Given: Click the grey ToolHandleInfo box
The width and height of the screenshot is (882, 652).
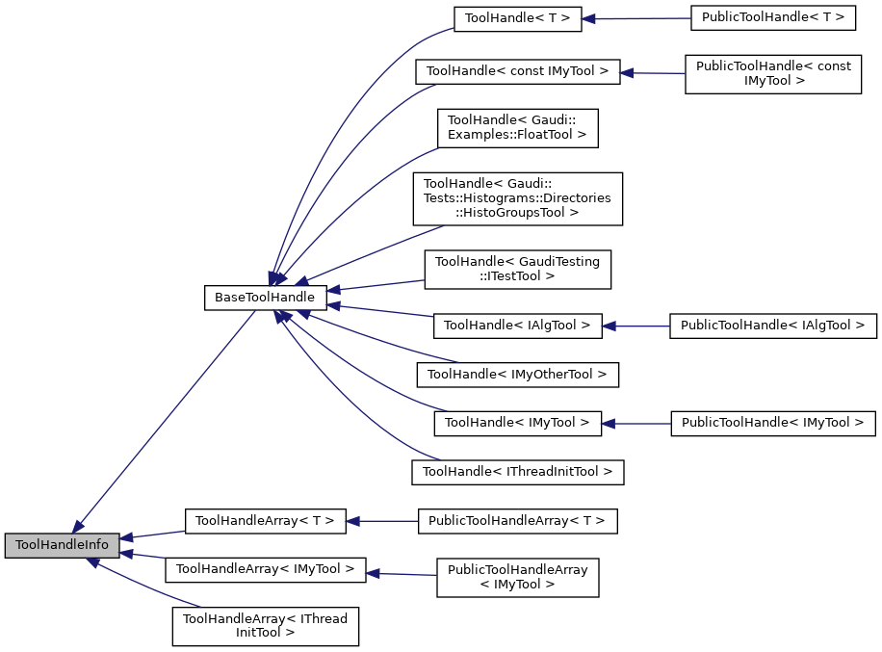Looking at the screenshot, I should point(63,545).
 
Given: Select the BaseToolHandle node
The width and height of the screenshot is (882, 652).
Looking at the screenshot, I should point(264,298).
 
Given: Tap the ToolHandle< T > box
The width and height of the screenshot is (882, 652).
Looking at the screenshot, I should point(517,18).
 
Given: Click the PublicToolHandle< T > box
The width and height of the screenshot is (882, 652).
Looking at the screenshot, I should point(773,18).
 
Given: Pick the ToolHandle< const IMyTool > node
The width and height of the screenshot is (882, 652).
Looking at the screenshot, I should point(517,71).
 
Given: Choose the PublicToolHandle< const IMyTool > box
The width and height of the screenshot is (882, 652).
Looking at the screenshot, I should point(773,73).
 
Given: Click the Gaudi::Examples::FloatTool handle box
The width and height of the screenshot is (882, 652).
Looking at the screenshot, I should point(518,127).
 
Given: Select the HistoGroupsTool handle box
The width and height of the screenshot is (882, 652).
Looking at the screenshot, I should point(518,198).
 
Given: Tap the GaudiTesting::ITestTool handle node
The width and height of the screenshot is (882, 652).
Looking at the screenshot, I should point(518,269).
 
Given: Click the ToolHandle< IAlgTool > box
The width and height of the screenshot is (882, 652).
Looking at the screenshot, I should point(518,326).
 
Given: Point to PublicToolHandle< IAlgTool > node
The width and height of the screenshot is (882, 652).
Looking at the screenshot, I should point(773,326).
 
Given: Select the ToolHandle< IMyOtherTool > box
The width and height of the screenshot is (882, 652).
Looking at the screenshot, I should point(518,374).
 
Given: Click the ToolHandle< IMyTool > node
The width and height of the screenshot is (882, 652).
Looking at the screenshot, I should point(518,422).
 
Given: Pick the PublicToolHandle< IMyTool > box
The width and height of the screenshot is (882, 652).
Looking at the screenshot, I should point(773,422).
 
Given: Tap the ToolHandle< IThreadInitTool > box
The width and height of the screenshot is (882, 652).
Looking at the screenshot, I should point(518,472).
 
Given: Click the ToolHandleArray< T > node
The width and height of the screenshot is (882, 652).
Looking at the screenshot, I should point(265,521).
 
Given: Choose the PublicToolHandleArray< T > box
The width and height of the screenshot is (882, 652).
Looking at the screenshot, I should point(517,521).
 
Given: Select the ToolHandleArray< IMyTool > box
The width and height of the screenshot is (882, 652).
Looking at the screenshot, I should point(265,569).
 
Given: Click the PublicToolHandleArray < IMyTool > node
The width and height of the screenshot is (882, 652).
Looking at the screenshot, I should point(518,577).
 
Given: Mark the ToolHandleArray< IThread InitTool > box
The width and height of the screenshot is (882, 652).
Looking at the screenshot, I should point(265,626).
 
